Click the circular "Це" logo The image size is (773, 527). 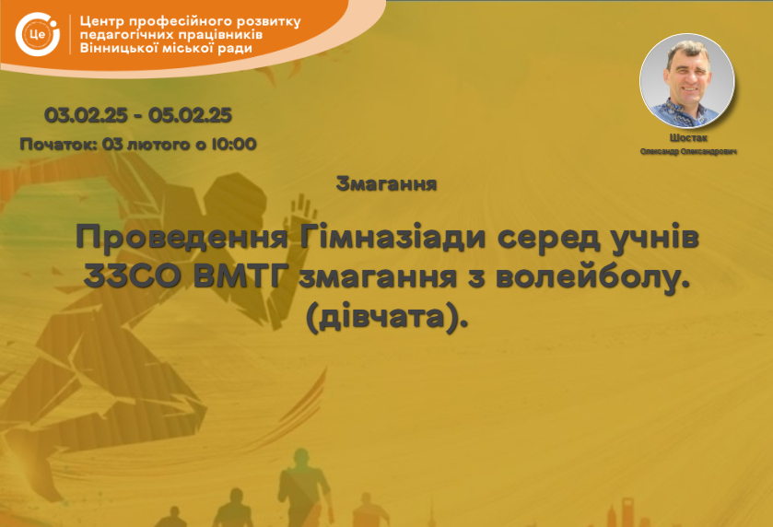pyautogui.click(x=38, y=34)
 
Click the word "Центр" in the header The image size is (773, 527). pyautogui.click(x=102, y=22)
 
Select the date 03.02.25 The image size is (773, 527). pyautogui.click(x=86, y=115)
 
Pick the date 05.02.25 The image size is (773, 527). pyautogui.click(x=190, y=115)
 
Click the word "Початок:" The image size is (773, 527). pyautogui.click(x=58, y=145)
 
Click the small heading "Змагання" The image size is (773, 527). pyautogui.click(x=387, y=184)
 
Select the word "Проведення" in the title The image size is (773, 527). pyautogui.click(x=182, y=239)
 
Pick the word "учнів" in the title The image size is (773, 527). pyautogui.click(x=654, y=239)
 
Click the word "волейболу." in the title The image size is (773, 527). pyautogui.click(x=592, y=277)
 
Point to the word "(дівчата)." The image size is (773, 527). pyautogui.click(x=387, y=318)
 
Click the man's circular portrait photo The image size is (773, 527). pyautogui.click(x=686, y=81)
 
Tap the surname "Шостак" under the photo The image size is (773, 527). pyautogui.click(x=688, y=138)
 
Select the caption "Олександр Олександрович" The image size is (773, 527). pyautogui.click(x=689, y=151)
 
